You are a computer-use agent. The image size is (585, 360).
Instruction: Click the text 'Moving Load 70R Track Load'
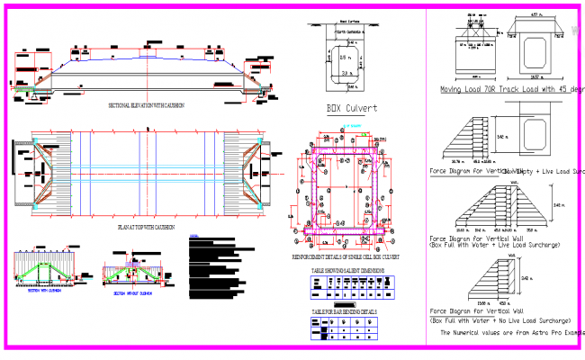pyautogui.click(x=490, y=90)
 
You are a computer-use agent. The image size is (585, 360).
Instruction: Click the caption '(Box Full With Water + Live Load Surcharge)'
pyautogui.click(x=497, y=245)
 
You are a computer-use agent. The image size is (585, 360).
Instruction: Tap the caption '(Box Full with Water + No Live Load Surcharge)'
pyautogui.click(x=501, y=320)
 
